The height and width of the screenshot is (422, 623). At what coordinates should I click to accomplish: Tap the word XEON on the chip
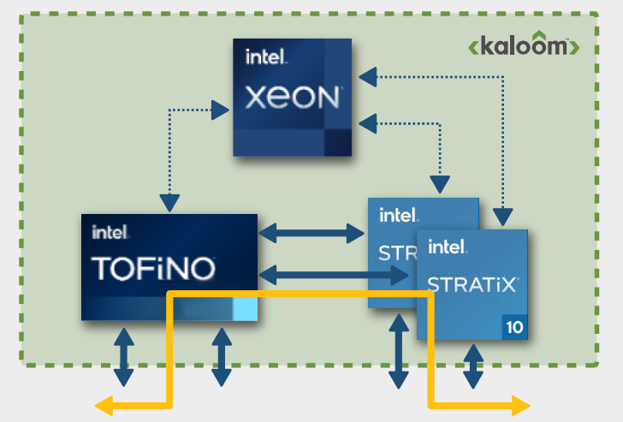[292, 98]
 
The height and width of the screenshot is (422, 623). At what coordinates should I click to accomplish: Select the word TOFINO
[153, 267]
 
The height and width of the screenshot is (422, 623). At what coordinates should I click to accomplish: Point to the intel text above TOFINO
[110, 231]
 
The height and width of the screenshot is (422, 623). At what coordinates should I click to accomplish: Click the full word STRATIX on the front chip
[472, 282]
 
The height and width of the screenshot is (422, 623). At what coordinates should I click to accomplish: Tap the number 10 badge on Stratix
[514, 326]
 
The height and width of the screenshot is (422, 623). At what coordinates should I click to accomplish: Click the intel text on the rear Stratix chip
[399, 215]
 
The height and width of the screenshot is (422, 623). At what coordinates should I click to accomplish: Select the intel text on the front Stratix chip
[448, 248]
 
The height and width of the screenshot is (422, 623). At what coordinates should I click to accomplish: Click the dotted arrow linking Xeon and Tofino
[170, 154]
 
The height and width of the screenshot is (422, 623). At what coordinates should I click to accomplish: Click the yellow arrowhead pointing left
[106, 406]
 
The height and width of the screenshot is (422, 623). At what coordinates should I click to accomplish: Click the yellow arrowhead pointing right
[519, 406]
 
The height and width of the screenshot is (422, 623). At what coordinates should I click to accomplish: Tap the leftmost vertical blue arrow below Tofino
[124, 355]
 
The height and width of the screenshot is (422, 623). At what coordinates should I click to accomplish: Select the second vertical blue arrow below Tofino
[222, 355]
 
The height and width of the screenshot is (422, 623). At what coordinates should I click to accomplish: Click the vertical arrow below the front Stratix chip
[472, 366]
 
